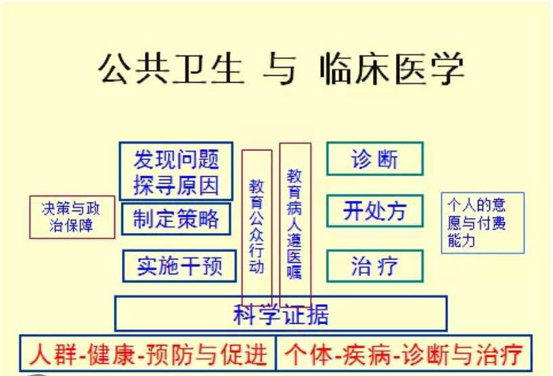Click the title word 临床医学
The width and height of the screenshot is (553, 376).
pyautogui.click(x=392, y=68)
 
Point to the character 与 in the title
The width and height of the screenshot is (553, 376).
pyautogui.click(x=280, y=68)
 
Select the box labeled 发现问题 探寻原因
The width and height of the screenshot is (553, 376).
pyautogui.click(x=176, y=171)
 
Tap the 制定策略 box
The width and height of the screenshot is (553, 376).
pyautogui.click(x=176, y=219)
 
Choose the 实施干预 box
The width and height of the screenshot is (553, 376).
pyautogui.click(x=179, y=266)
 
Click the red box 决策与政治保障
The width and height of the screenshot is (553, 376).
pyautogui.click(x=72, y=217)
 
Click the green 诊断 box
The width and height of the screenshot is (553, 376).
pyautogui.click(x=375, y=159)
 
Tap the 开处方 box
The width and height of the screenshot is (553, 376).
pyautogui.click(x=375, y=211)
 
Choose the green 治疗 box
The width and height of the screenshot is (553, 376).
pyautogui.click(x=375, y=266)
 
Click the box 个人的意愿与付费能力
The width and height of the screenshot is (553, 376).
pyautogui.click(x=483, y=223)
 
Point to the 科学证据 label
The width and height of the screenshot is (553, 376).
pyautogui.click(x=281, y=314)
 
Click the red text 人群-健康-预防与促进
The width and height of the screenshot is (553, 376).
pyautogui.click(x=148, y=354)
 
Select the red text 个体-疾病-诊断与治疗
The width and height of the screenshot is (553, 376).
pyautogui.click(x=404, y=354)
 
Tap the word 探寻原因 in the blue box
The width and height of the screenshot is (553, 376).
pyautogui.click(x=176, y=185)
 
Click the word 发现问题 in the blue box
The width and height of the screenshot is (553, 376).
pyautogui.click(x=176, y=159)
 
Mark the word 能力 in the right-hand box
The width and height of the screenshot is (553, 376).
pyautogui.click(x=462, y=241)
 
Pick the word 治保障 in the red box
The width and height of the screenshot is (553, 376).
pyautogui.click(x=71, y=225)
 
